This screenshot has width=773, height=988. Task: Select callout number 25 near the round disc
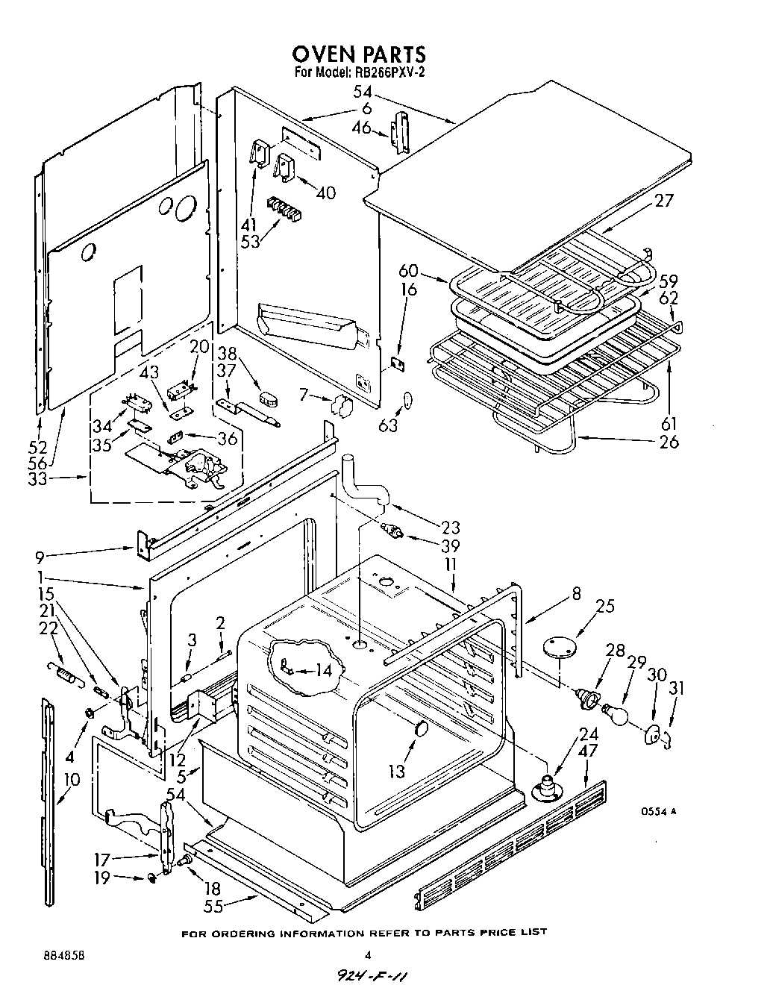coord(605,606)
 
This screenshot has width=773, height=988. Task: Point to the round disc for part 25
coord(561,645)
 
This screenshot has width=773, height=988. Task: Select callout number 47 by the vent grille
coord(588,751)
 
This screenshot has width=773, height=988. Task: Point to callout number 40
coord(325,193)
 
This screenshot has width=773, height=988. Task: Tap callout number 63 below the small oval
coord(388,426)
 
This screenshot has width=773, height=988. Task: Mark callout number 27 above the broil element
coord(664,200)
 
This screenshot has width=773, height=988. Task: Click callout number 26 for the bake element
coord(669,441)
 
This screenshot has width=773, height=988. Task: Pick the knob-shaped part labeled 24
coord(548,787)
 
